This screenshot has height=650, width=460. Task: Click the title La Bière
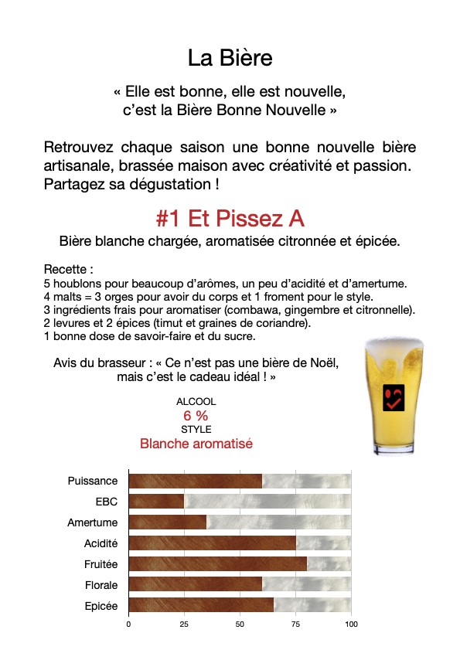(x=230, y=58)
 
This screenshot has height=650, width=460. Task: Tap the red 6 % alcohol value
(x=196, y=415)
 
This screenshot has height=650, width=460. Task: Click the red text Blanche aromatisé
(x=196, y=444)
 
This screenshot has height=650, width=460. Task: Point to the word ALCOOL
(x=196, y=402)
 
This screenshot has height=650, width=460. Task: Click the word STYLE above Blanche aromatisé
(x=196, y=429)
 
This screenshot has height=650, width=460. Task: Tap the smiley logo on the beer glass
(x=393, y=396)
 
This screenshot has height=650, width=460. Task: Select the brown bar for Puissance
(x=195, y=481)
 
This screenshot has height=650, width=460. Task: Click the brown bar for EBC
(x=156, y=502)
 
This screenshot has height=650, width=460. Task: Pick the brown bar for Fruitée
(x=217, y=564)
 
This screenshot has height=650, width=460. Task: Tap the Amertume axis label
(x=93, y=522)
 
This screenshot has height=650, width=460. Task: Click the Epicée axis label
(x=101, y=607)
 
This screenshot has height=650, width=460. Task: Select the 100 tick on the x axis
(x=352, y=623)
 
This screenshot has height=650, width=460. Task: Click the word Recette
(x=66, y=271)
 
